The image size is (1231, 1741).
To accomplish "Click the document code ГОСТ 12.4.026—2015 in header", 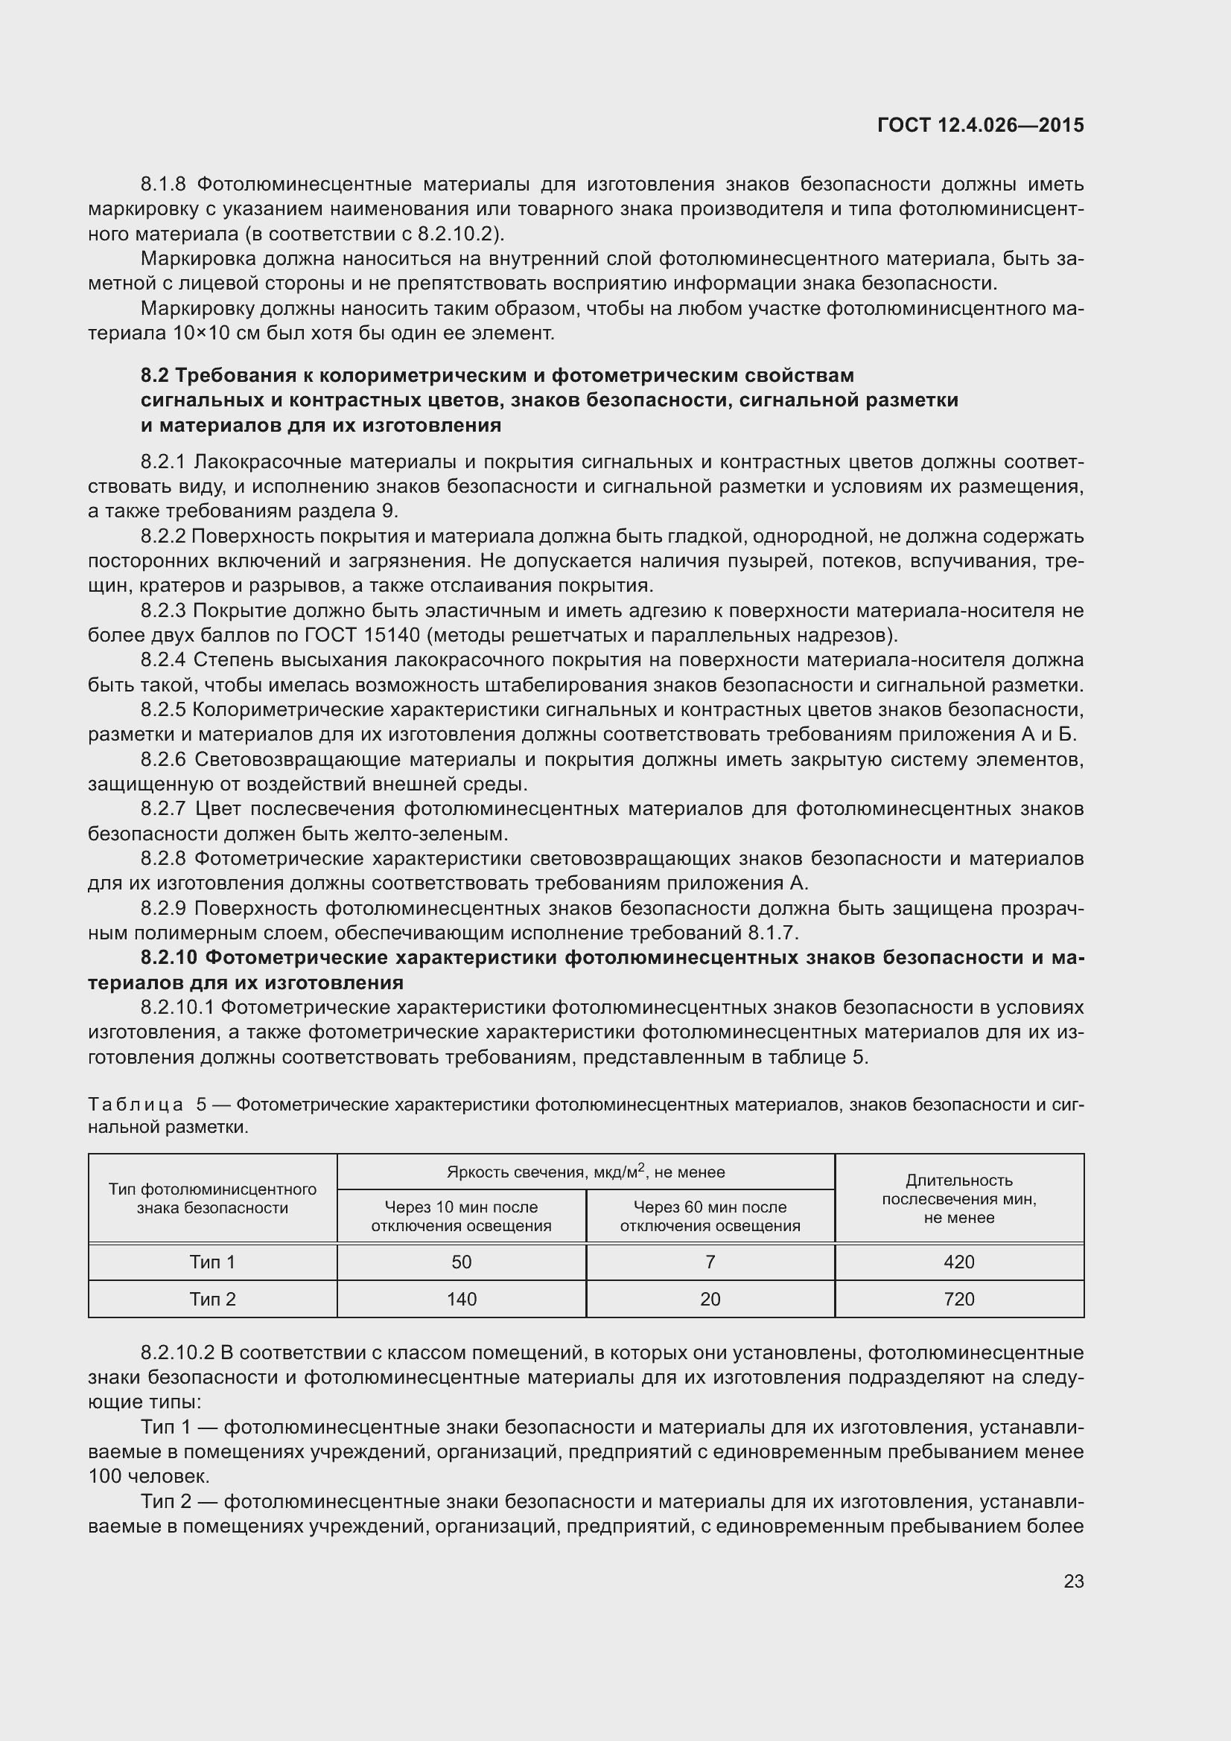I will [980, 125].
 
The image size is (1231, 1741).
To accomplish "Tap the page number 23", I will [1073, 1581].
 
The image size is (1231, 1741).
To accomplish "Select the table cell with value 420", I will [958, 1262].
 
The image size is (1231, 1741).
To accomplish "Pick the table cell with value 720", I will [958, 1299].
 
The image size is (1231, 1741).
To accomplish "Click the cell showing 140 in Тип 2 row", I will [461, 1299].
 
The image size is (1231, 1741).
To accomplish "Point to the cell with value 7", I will [710, 1262].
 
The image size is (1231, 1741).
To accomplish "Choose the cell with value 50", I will [461, 1262].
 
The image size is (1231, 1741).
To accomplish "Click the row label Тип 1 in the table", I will [212, 1262].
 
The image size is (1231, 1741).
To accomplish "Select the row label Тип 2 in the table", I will [212, 1299].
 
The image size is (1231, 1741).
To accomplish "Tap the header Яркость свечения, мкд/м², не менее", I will [585, 1172].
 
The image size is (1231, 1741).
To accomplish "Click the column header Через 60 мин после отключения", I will [710, 1216].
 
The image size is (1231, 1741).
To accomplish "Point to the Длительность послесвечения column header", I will [958, 1199].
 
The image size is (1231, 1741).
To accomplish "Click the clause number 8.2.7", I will [163, 809].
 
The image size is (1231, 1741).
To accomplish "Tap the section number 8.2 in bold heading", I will [155, 375].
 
